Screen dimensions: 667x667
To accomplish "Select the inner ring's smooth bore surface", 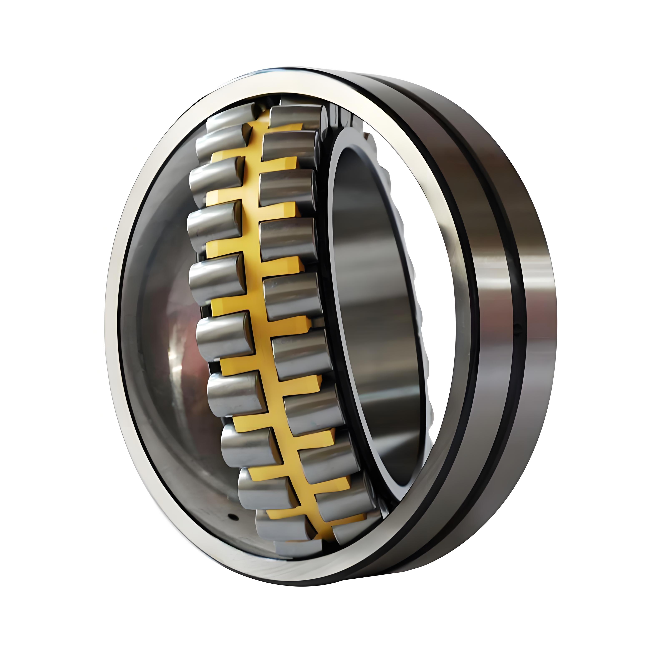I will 373,311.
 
